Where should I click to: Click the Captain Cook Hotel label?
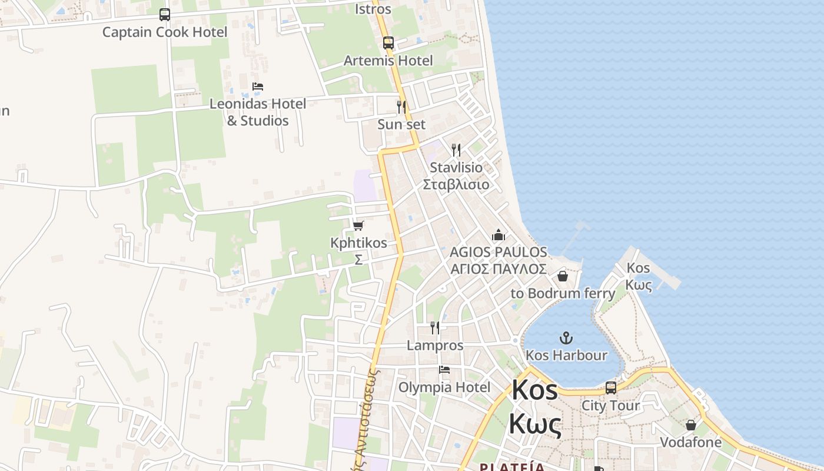(164, 32)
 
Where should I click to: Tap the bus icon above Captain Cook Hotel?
(165, 15)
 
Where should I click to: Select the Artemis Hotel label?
(388, 61)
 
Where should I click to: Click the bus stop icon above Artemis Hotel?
(388, 42)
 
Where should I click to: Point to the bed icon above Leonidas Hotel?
(258, 87)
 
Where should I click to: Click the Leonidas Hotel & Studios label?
(258, 112)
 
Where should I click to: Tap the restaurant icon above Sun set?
(401, 107)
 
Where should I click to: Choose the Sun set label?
(401, 124)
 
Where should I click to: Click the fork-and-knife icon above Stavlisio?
(456, 150)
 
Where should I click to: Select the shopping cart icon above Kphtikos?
(358, 225)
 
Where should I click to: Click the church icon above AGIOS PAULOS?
(499, 235)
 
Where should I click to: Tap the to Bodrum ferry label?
(563, 293)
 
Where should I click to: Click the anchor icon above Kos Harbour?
(566, 338)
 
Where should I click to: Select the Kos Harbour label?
(566, 355)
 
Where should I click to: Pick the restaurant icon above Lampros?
(435, 328)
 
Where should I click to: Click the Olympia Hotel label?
(444, 387)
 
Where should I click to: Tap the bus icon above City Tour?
(611, 388)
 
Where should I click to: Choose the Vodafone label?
(690, 442)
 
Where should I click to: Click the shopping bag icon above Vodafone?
(691, 425)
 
